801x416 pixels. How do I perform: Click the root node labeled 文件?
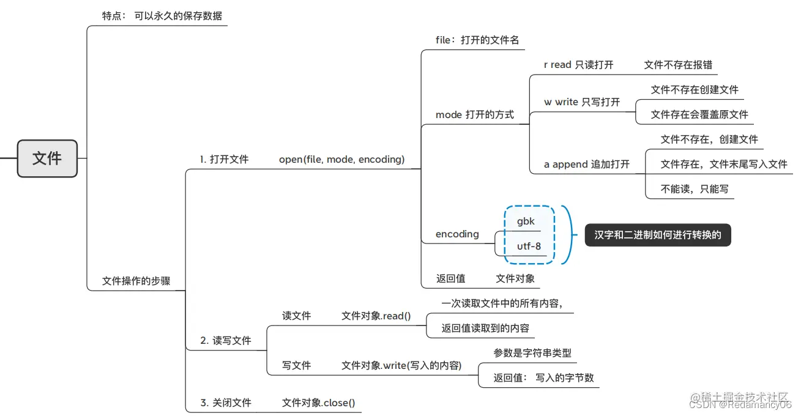coord(47,158)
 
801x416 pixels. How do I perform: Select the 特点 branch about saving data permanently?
coord(162,15)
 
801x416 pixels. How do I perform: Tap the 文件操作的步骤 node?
coord(136,281)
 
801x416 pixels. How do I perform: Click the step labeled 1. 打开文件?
coord(224,159)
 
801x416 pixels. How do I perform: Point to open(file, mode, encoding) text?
coord(341,159)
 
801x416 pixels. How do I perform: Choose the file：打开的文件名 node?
coord(477,40)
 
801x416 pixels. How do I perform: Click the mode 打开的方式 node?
coord(474,114)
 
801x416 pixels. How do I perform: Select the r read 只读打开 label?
coord(578,65)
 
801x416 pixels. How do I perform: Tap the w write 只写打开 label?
coord(581,102)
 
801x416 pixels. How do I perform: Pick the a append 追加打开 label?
coord(586,164)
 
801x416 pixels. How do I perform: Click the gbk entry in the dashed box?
coord(526,221)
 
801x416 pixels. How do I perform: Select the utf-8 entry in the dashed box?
coord(529,247)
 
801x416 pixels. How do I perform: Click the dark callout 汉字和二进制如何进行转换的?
coord(657,235)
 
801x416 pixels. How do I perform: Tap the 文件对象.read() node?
coord(376,316)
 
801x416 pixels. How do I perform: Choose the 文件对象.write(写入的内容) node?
coord(401,365)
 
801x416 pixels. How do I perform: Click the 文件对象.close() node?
coord(318,403)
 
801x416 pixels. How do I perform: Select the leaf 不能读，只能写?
coord(695,189)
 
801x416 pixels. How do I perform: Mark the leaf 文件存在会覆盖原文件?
coord(699,114)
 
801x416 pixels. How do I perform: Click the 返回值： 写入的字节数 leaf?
coord(543,377)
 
